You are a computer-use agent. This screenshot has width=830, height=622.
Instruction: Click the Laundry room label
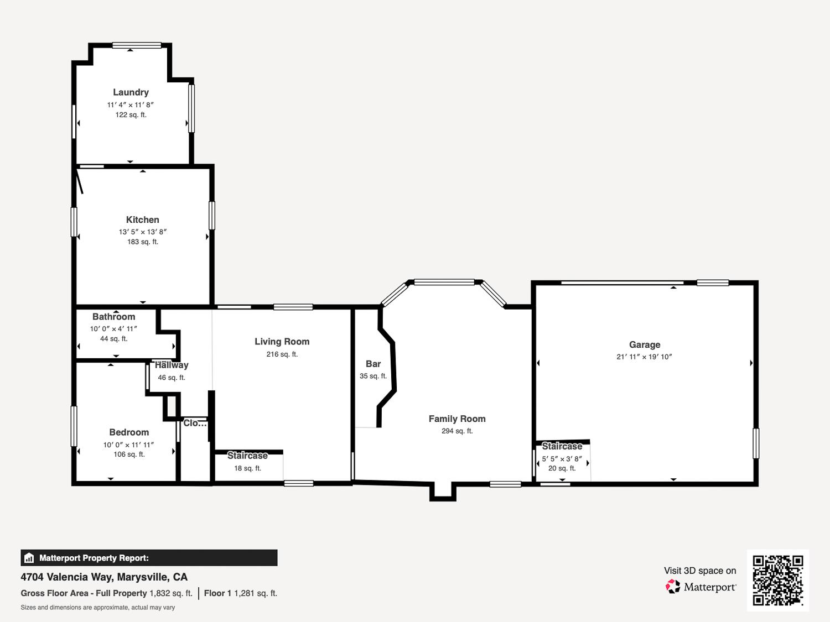(131, 92)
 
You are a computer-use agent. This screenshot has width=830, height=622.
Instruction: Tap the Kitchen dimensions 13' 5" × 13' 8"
(143, 232)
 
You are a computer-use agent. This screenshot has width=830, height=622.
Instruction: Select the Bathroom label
(113, 316)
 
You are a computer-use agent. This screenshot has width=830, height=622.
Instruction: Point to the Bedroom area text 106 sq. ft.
(129, 454)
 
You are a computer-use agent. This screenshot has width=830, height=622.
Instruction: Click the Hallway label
(172, 365)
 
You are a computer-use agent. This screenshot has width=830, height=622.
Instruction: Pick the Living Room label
(282, 342)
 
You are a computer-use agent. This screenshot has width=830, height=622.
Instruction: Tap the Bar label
(373, 364)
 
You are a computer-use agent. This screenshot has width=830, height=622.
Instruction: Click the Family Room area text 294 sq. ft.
(457, 431)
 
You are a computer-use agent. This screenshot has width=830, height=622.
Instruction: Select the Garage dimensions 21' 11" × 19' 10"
(644, 357)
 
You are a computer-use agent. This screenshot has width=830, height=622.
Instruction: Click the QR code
(778, 580)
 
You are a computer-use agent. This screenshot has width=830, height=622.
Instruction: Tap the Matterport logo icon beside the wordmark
(673, 587)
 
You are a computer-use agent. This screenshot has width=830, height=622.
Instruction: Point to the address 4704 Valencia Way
(66, 577)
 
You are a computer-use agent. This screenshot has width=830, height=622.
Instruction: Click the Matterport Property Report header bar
(149, 558)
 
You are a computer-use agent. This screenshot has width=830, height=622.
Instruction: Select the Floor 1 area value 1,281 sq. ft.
(256, 593)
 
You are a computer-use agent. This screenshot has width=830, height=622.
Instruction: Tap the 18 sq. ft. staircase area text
(248, 468)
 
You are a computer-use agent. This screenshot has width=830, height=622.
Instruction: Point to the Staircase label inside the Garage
(562, 446)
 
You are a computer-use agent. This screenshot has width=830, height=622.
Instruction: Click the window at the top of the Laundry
(137, 46)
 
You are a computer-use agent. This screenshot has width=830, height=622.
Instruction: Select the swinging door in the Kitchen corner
(80, 181)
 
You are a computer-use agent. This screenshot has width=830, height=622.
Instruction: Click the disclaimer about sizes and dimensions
(97, 608)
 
